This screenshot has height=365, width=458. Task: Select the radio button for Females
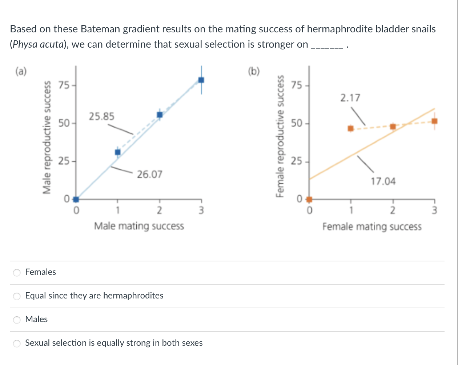17,272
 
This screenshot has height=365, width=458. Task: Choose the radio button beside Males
17,320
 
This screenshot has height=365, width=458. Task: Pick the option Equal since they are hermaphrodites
17,296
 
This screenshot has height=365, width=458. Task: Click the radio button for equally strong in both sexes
17,343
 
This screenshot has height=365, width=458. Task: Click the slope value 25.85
101,116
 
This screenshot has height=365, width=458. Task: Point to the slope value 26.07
149,175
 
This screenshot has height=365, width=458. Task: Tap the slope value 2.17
350,98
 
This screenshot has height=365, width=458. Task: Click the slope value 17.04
383,181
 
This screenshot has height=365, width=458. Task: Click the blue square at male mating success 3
201,80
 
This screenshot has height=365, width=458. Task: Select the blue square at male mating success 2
160,115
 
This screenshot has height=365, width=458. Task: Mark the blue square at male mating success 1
117,152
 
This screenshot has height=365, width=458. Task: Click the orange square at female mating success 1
350,128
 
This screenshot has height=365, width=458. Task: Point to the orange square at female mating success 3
434,121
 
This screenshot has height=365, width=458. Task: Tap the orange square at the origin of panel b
309,199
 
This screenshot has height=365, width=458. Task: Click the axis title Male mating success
139,226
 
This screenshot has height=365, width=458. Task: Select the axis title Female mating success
372,226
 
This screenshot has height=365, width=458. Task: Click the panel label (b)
254,71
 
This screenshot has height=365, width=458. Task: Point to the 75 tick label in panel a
64,85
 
